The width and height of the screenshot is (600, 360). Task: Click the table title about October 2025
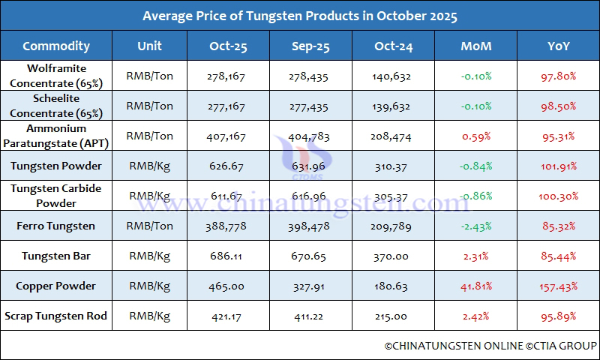coord(300,16)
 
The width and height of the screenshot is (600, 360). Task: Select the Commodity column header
coord(56,46)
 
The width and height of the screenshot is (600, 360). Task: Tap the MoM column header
coord(476,46)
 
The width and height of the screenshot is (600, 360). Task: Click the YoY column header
coord(558,46)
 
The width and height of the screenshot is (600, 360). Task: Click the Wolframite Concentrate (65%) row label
coord(56,76)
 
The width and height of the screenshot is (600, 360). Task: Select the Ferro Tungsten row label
coord(56,226)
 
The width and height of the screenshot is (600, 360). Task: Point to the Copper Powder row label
coord(56,286)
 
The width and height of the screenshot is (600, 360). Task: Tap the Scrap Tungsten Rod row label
coord(56,316)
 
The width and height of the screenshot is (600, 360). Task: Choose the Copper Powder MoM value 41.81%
coord(476,286)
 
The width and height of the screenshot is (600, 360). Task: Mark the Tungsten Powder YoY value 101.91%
coord(558,166)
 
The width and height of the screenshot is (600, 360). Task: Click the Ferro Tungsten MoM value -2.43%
coord(476,226)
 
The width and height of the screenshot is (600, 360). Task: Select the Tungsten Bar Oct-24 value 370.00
coord(391,256)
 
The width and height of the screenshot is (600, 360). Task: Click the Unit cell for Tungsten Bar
coord(150,256)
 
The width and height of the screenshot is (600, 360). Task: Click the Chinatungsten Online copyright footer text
coord(490,346)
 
